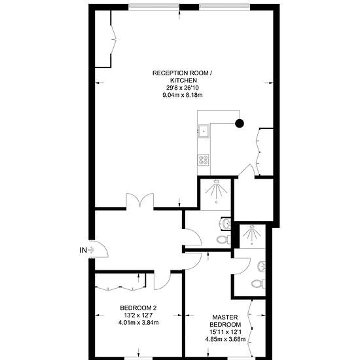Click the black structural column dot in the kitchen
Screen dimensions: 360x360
pyautogui.click(x=240, y=124)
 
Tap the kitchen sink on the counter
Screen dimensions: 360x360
pyautogui.click(x=204, y=131)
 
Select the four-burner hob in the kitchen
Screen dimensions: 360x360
pyautogui.click(x=204, y=160)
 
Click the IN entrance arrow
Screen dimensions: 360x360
pyautogui.click(x=91, y=250)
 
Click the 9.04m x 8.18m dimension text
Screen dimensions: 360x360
pyautogui.click(x=183, y=95)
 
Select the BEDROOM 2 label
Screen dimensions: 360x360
pyautogui.click(x=138, y=308)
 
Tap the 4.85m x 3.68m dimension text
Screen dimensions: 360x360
pyautogui.click(x=225, y=339)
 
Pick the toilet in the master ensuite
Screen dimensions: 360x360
pyautogui.click(x=259, y=284)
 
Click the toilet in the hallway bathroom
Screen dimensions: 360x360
pyautogui.click(x=224, y=240)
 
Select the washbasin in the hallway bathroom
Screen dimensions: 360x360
pyautogui.click(x=226, y=223)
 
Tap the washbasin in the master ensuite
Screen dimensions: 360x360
pyautogui.click(x=262, y=267)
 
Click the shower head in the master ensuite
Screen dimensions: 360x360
pyautogui.click(x=252, y=227)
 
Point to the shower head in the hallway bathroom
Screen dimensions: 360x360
pyautogui.click(x=216, y=181)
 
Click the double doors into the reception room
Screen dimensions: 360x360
pyautogui.click(x=140, y=201)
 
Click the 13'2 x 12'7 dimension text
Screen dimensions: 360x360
pyautogui.click(x=138, y=315)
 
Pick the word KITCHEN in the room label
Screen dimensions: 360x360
pyautogui.click(x=183, y=81)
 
